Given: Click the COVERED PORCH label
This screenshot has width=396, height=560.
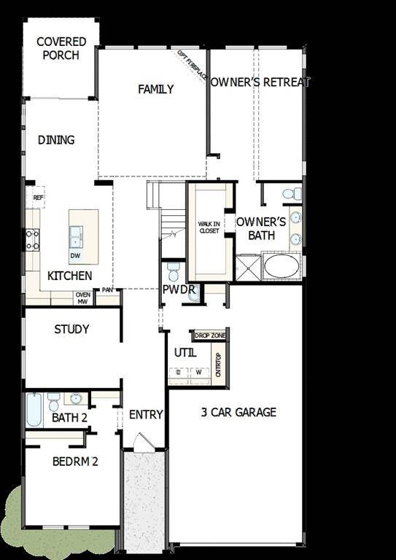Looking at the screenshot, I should pos(61,48).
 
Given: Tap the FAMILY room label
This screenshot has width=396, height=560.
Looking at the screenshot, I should pos(156,89).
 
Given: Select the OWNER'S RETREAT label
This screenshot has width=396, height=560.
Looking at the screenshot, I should pos(260,82).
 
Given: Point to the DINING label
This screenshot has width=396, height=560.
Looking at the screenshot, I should pos(56,139).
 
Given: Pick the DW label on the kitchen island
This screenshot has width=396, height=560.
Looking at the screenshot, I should pos(75,256).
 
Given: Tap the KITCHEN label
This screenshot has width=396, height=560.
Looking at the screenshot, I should pos(70,276).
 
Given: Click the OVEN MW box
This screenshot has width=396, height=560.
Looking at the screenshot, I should pos(82,297).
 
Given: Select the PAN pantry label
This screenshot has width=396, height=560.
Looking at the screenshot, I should pos(107,290).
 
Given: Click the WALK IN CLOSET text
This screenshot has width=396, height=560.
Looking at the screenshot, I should pos(209,227).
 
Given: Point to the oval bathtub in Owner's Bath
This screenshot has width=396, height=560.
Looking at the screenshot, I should pos(281,265).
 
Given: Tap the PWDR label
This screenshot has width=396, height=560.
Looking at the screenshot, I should pos(179,289).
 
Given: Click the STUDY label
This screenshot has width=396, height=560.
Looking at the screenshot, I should pos(71,329).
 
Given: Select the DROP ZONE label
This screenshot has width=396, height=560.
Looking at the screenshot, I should pos(210,335).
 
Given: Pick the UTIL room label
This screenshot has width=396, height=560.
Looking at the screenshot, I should pos(185,353).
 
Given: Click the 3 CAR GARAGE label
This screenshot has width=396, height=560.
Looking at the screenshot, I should pos(238,412).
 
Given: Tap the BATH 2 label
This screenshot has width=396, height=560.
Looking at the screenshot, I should pos(69,418).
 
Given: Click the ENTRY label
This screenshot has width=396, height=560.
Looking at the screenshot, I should pos(146,414).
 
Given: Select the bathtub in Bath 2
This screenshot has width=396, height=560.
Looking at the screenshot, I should pos(34,411).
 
